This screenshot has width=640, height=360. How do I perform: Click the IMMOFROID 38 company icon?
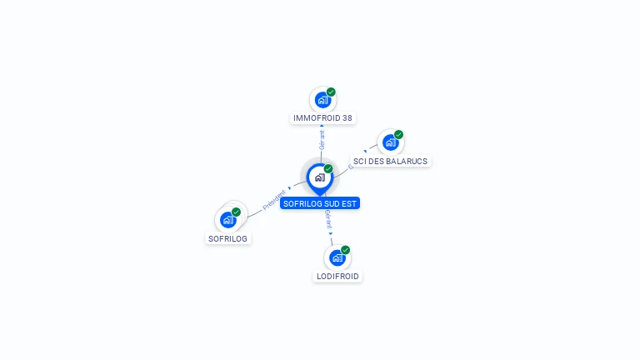click(322, 100)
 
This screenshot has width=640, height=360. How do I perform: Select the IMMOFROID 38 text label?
click(323, 118)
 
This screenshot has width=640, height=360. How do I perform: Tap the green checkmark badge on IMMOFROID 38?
click(331, 92)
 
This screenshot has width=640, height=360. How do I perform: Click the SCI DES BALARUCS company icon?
click(390, 142)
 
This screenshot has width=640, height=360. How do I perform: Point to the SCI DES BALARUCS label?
click(390, 161)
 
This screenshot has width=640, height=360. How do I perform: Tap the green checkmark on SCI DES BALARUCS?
click(398, 135)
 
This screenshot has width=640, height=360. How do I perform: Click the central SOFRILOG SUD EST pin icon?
click(319, 177)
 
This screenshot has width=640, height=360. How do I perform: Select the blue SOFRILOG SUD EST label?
click(320, 203)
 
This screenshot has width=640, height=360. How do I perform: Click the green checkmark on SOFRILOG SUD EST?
click(328, 169)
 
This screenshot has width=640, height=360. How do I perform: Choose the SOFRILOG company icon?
click(227, 220)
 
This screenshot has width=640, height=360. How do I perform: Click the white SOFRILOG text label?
click(228, 238)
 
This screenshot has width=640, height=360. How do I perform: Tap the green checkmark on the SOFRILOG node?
click(236, 212)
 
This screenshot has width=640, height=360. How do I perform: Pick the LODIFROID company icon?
click(337, 257)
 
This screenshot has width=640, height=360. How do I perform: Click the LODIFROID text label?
click(337, 276)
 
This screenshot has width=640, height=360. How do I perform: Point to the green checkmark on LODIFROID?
click(345, 250)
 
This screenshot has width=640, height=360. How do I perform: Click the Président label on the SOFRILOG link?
click(274, 200)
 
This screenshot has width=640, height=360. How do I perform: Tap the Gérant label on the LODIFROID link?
click(328, 220)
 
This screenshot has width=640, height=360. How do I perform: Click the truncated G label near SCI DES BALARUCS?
click(350, 165)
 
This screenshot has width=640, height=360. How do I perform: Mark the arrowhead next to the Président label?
click(290, 188)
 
